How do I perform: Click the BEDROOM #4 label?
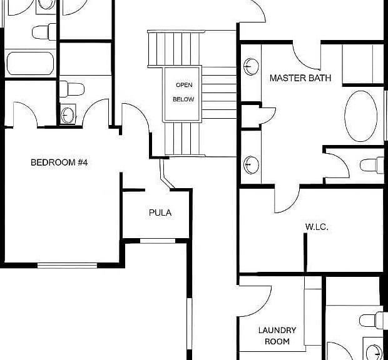(59, 162)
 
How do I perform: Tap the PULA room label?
(160, 212)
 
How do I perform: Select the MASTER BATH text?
(300, 78)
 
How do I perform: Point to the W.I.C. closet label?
(317, 227)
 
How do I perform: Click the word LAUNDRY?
(277, 330)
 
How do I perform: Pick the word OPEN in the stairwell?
(184, 85)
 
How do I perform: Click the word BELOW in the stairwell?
(183, 99)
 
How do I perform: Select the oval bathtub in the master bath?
(361, 116)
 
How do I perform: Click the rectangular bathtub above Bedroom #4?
(30, 63)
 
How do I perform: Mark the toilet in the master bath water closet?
(372, 165)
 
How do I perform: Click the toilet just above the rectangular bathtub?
(44, 32)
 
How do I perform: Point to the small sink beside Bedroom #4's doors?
(68, 114)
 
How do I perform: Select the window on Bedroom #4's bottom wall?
(68, 266)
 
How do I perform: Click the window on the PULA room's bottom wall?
(158, 241)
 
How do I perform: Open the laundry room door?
(255, 301)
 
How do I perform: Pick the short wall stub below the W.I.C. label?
(305, 252)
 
